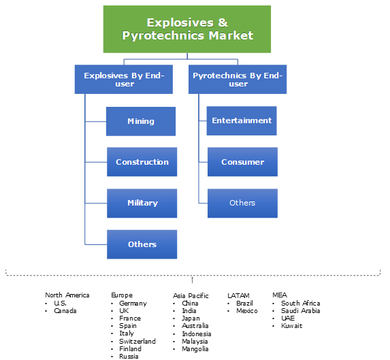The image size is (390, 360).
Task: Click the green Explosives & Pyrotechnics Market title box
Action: tap(187, 29)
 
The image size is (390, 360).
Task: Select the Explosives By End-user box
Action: tap(124, 79)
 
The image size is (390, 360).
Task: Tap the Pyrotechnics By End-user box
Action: tap(238, 79)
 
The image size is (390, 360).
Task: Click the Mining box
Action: tap(141, 121)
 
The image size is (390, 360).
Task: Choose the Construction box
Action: tap(142, 162)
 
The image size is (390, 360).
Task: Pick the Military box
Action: tap(142, 203)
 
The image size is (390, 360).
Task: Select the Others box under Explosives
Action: tap(142, 244)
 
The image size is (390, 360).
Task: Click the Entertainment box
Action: tap(242, 120)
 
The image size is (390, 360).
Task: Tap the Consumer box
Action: tap(242, 162)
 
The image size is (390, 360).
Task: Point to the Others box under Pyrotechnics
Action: tap(242, 203)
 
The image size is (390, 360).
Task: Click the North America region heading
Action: tap(67, 295)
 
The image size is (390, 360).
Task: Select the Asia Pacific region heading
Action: tap(191, 295)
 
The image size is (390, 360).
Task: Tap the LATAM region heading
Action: tap(238, 295)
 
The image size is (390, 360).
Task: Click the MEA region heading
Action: tap(280, 295)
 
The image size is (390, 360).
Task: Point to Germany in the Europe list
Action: tap(133, 304)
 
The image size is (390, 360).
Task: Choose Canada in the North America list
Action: tap(65, 311)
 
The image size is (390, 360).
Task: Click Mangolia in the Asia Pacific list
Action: tap(196, 348)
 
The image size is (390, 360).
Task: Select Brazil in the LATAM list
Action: tap(244, 304)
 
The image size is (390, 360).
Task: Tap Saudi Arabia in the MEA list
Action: tap(300, 311)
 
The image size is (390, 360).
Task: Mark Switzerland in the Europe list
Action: tap(137, 341)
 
